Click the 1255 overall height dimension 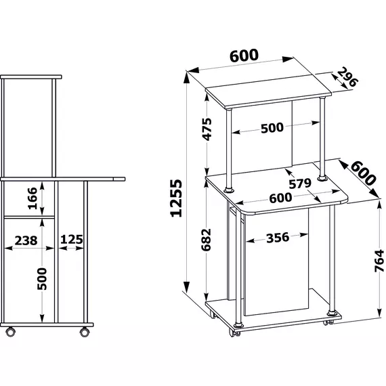point(176,198)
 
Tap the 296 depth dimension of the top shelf point(347,77)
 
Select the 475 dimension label point(207,129)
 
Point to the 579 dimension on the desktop point(300,184)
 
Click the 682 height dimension point(207,240)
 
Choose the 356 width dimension point(278,238)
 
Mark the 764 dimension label point(379,261)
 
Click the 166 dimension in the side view point(33,198)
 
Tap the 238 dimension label point(26,240)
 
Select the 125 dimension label point(72,240)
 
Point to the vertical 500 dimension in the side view point(42,279)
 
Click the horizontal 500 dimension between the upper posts point(272,128)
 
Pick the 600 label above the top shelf point(244,56)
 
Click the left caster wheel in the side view point(10,332)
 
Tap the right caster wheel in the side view point(85,332)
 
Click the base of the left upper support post point(229,190)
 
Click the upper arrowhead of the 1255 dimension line point(187,78)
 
